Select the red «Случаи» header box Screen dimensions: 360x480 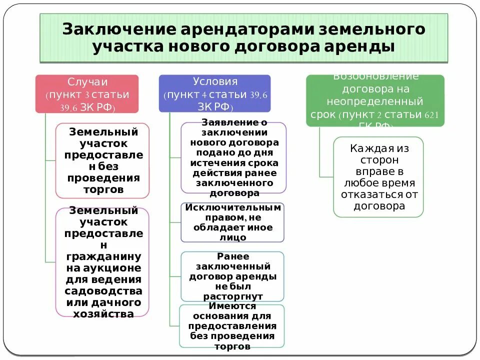point(86,94)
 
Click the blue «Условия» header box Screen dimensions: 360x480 point(214,93)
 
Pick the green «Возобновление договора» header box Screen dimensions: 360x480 point(375,100)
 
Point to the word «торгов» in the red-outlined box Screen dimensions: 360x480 point(102,189)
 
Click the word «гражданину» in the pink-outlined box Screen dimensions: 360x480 point(103,256)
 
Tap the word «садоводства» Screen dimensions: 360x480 point(103,290)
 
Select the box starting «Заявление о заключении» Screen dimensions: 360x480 point(233,157)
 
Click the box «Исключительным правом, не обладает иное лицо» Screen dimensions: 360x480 point(232,222)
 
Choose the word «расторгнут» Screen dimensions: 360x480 point(233,296)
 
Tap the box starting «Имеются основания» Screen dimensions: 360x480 point(232,326)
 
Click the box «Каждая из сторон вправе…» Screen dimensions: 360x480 point(378,177)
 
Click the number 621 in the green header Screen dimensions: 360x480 point(431,115)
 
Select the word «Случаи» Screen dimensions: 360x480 point(87,81)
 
